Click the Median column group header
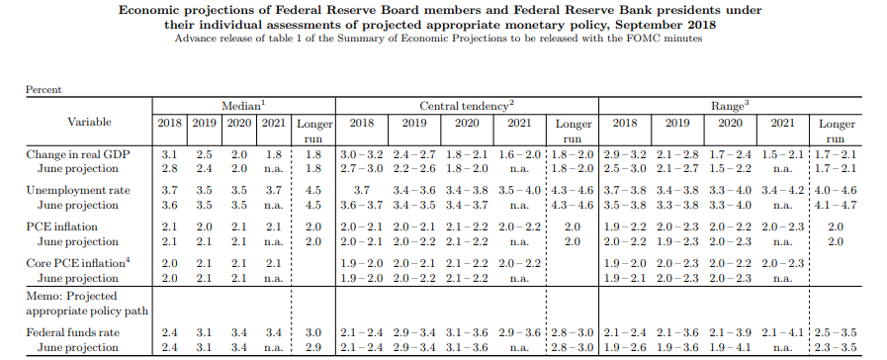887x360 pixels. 243,106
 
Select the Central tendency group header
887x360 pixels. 467,106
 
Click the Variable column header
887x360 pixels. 89,122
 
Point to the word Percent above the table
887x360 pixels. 44,89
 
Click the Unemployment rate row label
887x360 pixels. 78,190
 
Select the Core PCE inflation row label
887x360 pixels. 75,263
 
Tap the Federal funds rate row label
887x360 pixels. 73,332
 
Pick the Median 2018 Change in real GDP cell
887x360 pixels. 169,154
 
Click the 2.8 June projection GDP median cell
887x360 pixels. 169,169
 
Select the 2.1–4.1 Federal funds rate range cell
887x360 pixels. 783,332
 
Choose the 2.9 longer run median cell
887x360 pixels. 313,347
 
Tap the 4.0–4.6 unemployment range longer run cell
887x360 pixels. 837,190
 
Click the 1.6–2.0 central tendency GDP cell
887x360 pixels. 519,154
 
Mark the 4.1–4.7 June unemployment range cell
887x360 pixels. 837,205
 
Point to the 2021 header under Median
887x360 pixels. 273,123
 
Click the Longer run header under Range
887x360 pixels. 837,132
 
